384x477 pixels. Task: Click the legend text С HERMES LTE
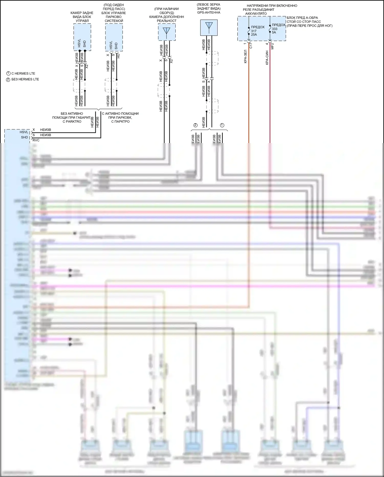23,74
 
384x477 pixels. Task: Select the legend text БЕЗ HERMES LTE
25,79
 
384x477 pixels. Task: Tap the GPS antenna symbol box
209,28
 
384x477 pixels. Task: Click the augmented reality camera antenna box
167,32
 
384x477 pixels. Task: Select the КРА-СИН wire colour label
267,58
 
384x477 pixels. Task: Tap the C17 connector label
251,46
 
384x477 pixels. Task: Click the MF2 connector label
272,46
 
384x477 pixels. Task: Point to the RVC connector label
36,140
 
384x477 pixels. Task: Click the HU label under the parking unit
119,56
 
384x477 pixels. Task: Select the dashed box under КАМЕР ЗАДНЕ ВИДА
82,37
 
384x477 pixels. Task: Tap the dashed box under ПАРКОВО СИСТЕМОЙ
114,37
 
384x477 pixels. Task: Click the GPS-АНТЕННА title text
209,13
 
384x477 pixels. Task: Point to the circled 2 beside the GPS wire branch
196,125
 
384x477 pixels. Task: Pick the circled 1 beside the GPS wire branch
222,125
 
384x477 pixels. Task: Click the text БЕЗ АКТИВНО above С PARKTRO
72,114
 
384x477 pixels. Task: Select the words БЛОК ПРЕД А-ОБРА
302,18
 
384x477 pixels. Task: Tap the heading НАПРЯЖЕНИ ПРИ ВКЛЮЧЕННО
272,6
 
